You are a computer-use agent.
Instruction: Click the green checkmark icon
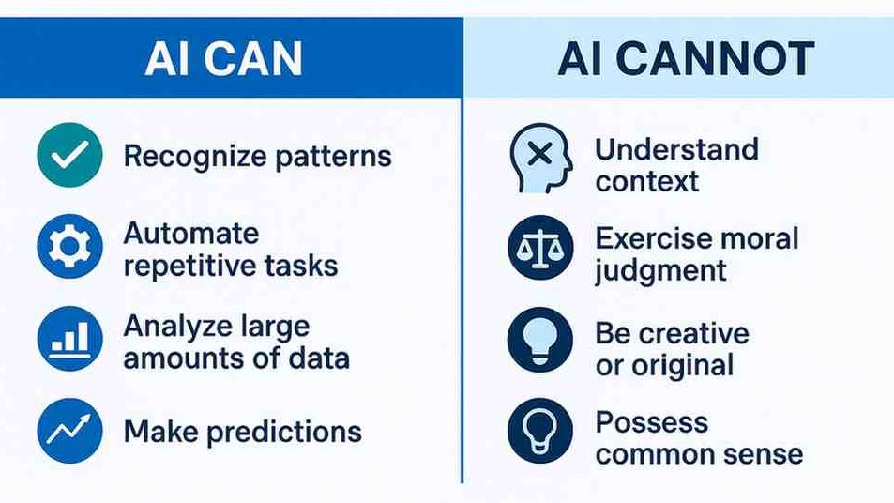[x=69, y=155]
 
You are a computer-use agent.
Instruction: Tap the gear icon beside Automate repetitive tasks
[x=69, y=247]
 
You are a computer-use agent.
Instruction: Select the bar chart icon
[x=69, y=339]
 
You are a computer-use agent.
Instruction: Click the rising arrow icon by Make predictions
[x=69, y=430]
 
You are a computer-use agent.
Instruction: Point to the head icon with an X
[x=540, y=158]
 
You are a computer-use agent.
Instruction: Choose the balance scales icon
[x=540, y=247]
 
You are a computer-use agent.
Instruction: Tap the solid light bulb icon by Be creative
[x=540, y=340]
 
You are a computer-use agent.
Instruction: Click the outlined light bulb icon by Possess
[x=540, y=431]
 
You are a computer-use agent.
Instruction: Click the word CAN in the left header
[x=253, y=59]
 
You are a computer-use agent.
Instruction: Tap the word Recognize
[x=195, y=157]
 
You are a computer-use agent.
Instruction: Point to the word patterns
[x=334, y=157]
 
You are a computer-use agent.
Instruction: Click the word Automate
[x=191, y=234]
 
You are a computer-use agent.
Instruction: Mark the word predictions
[x=284, y=432]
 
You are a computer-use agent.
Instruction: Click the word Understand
[x=676, y=149]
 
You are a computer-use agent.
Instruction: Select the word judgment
[x=660, y=271]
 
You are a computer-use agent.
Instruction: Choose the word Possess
[x=652, y=422]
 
